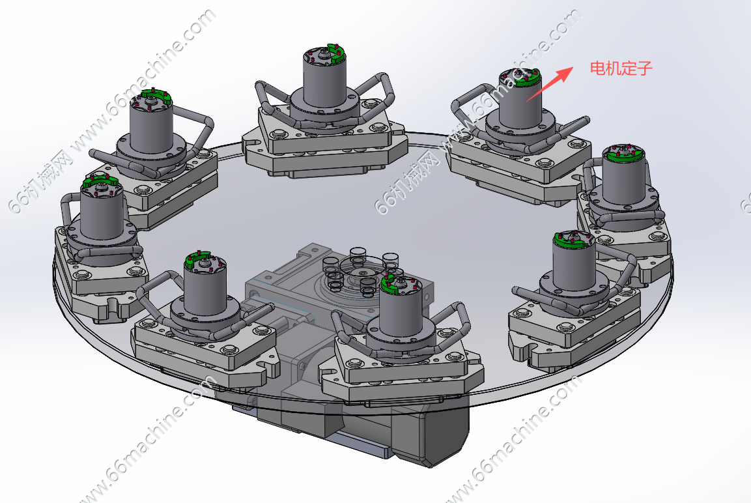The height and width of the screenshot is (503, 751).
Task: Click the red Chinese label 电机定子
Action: (621, 68)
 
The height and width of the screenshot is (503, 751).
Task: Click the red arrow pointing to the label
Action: (550, 84)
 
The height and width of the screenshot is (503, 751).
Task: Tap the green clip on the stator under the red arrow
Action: (526, 79)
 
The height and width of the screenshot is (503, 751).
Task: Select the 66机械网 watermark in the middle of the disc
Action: (407, 182)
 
